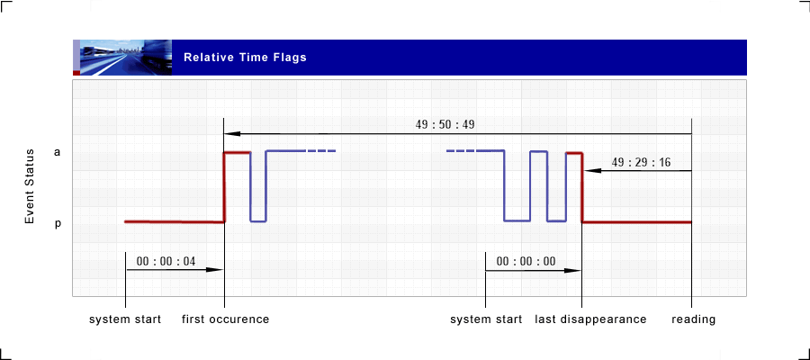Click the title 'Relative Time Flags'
point(245,58)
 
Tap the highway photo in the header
point(126,58)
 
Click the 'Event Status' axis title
point(30,186)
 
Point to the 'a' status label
point(57,152)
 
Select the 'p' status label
point(58,224)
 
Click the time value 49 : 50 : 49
point(445,124)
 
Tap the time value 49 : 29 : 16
point(641,162)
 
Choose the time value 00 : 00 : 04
point(166,261)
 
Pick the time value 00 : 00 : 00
point(526,261)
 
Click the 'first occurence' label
point(225,319)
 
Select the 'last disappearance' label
point(590,319)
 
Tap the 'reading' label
point(693,319)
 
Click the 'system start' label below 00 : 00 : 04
point(125,319)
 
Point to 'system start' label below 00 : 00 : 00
point(486,319)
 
